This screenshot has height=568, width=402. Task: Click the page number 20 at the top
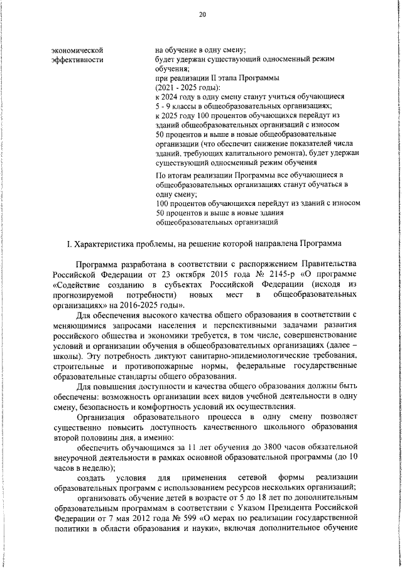(202, 15)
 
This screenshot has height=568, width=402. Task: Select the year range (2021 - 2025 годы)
(188, 88)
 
